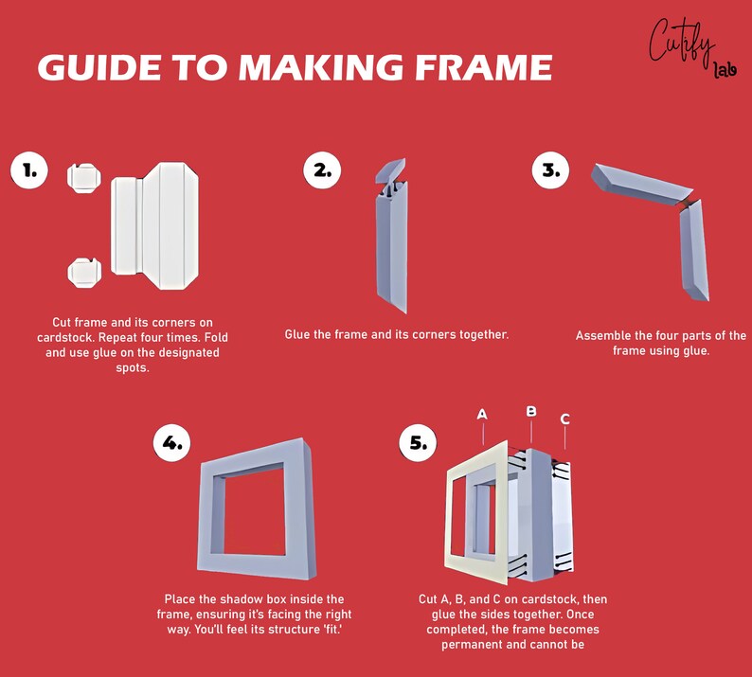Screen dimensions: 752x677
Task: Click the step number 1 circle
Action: [29, 170]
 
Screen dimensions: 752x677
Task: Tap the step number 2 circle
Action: [322, 170]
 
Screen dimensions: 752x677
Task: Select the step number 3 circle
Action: [550, 170]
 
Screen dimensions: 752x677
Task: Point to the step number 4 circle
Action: [172, 442]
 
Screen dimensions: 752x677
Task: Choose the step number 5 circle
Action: [419, 442]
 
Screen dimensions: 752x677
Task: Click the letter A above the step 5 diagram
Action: [482, 415]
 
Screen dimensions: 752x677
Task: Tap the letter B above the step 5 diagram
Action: [531, 411]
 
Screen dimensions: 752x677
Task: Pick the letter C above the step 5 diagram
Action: [565, 419]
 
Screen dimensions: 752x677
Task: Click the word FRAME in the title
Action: [484, 66]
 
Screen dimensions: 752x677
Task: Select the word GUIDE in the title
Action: [99, 66]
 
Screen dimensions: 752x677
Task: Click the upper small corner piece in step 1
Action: [84, 178]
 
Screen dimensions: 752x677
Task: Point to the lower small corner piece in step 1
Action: [84, 273]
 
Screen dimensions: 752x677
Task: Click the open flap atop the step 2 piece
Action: [390, 170]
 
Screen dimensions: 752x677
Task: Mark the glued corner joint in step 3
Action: [688, 202]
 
